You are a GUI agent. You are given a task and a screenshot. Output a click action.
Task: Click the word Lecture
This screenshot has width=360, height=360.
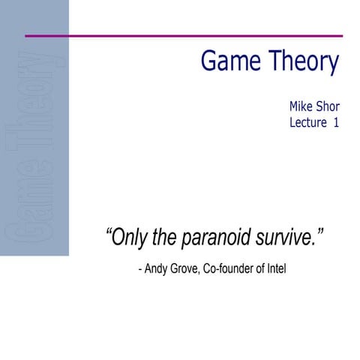coord(309,123)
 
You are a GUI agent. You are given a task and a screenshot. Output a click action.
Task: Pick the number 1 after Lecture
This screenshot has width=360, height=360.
coord(335,123)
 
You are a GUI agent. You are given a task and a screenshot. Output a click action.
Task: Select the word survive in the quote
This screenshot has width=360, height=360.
coord(288,239)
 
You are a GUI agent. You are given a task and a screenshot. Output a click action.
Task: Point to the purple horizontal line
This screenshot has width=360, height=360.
coord(184,35)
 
